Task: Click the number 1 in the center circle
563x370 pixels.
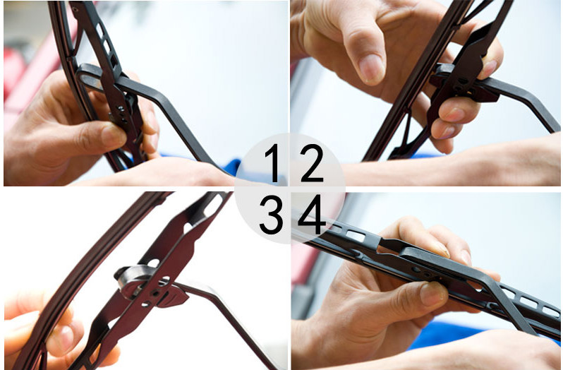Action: pyautogui.click(x=273, y=162)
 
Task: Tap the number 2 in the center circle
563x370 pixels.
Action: pyautogui.click(x=312, y=162)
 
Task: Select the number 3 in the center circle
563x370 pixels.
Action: pyautogui.click(x=271, y=214)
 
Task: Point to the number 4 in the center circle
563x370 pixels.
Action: pyautogui.click(x=312, y=214)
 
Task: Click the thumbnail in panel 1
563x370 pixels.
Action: pyautogui.click(x=113, y=136)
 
